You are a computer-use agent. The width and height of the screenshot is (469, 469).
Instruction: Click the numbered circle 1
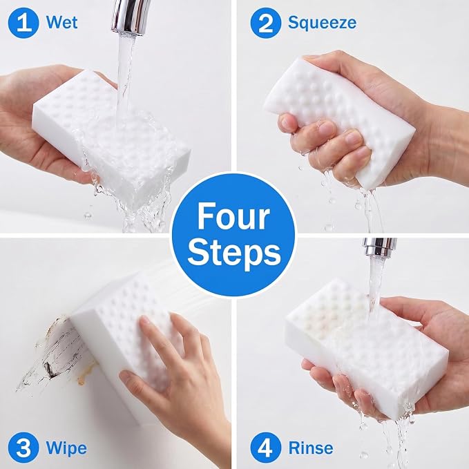(x=23, y=23)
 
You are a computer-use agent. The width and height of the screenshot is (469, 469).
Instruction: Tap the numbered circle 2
(x=266, y=23)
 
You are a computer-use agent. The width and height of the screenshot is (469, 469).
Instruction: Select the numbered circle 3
(x=23, y=448)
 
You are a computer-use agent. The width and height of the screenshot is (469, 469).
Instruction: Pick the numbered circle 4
(x=266, y=448)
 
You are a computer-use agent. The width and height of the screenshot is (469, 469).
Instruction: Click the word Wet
(x=62, y=22)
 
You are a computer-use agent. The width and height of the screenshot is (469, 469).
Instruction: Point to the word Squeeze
(x=322, y=23)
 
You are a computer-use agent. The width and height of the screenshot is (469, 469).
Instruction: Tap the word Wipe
(x=66, y=448)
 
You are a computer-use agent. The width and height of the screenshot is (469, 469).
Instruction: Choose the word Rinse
(x=310, y=448)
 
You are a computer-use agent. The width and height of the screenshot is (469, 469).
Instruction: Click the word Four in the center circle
(x=233, y=216)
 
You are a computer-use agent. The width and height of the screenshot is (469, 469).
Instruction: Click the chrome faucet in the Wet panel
(x=129, y=17)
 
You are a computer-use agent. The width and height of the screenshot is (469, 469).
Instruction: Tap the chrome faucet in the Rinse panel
(x=380, y=247)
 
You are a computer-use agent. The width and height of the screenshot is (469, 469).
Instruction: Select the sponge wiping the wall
(x=123, y=338)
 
